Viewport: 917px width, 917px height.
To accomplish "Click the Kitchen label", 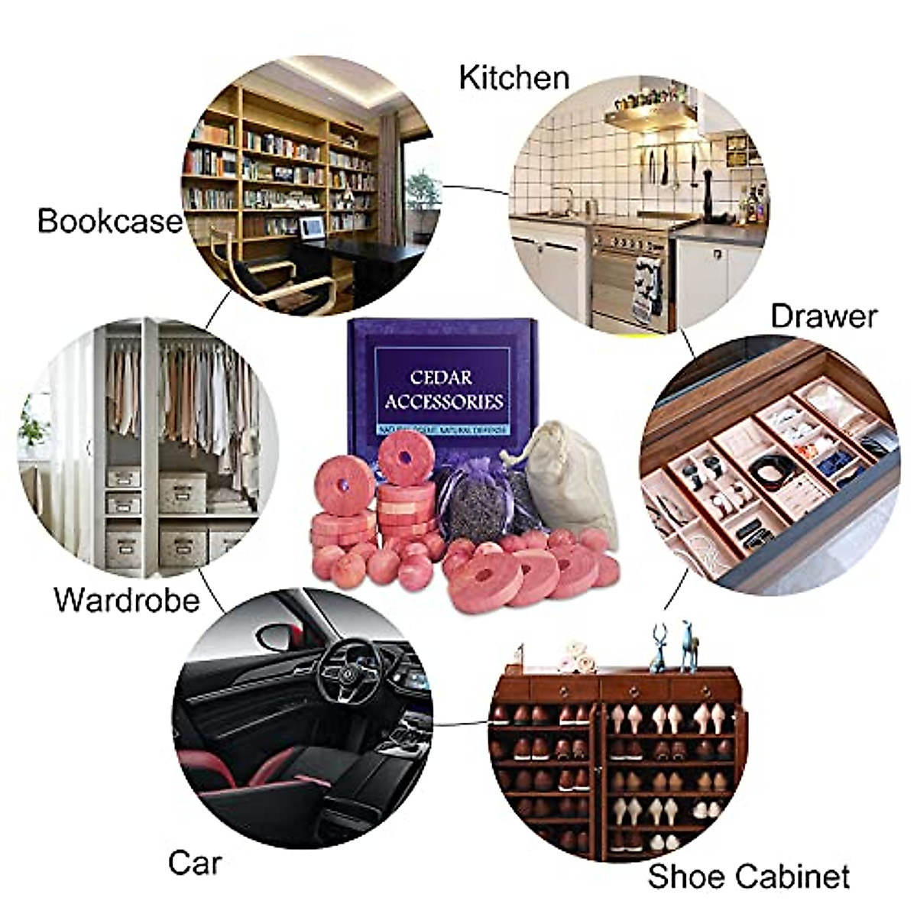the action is [x=514, y=77].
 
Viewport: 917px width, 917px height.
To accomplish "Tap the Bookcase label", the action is [x=110, y=221].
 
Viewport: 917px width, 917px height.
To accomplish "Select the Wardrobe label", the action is [x=126, y=599].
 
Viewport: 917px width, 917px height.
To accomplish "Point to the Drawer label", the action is [x=824, y=316].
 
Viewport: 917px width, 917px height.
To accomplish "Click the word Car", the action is [x=195, y=863].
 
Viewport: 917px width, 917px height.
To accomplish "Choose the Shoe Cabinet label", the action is [x=749, y=876].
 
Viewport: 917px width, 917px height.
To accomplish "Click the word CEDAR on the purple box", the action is [x=442, y=377].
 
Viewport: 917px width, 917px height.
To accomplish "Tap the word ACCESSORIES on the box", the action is [x=444, y=402].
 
